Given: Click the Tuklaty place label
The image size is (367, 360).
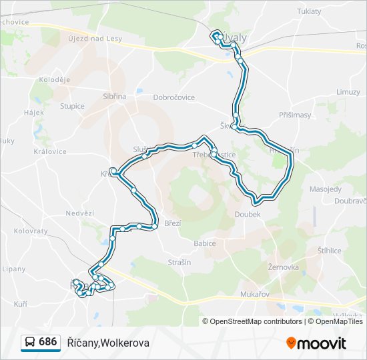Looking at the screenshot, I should pos(309,11).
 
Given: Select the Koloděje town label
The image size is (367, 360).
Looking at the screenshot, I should pos(55,80).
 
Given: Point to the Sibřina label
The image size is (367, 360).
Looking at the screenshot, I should pos(114,96).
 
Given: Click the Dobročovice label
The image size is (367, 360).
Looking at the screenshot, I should pos(174,97).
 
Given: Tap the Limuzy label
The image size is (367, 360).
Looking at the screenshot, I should pos(348,92).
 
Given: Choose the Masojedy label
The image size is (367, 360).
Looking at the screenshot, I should pos(325,189).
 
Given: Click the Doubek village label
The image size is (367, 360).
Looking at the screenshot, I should pos(248,214).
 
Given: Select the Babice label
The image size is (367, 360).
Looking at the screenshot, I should pos(205,243).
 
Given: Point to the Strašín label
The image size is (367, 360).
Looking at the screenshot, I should pos(179,263).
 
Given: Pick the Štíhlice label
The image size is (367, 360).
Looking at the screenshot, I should pos(329,251).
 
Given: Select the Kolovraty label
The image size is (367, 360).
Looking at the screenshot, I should pos(31,231).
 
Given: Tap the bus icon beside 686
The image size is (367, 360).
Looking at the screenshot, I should pos(30,343).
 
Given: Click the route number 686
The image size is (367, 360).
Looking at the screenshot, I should pos(48,342).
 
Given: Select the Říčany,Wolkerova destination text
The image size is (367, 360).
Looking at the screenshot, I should pos(108,343).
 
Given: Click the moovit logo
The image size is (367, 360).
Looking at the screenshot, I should pos(316,343).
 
